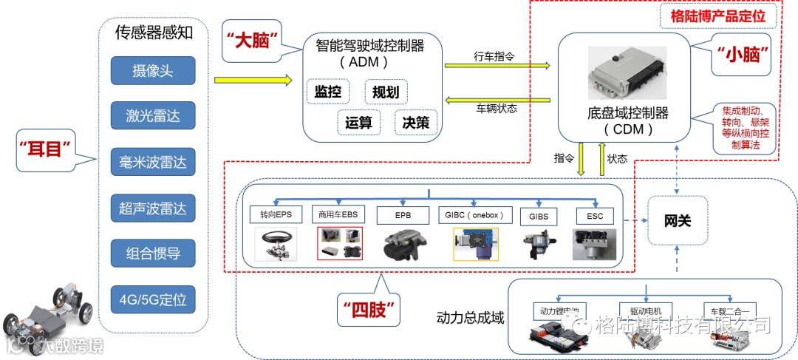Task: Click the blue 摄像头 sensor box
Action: click(x=153, y=72)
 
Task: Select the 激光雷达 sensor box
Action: click(x=153, y=116)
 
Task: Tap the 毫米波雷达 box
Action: click(x=153, y=162)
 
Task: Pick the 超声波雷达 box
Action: click(x=153, y=208)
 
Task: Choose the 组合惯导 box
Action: click(x=153, y=254)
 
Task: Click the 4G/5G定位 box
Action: click(x=153, y=300)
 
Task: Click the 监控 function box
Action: click(x=328, y=92)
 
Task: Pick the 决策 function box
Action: click(x=416, y=123)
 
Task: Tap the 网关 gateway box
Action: click(x=678, y=220)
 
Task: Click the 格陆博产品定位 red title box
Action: click(x=717, y=15)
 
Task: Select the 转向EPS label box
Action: click(x=276, y=215)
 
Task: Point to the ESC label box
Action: click(x=594, y=215)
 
